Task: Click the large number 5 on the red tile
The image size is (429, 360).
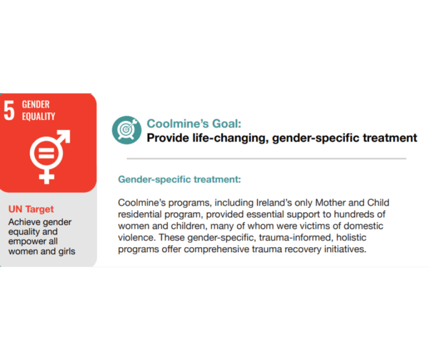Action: pos(9,110)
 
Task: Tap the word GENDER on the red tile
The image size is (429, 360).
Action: pos(36,105)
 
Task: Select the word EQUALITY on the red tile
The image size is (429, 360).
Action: pos(39,116)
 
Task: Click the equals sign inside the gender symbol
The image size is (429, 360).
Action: pos(46,153)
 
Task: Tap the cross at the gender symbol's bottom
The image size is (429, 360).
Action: pos(46,176)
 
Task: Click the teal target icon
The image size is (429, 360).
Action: pos(127,130)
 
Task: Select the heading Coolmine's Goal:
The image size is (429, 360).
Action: pos(194,124)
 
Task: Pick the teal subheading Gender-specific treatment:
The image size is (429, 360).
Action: pos(179,179)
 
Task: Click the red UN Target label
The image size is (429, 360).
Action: pos(31,209)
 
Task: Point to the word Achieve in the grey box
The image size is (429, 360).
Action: pos(25,222)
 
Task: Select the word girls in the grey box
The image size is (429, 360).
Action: pos(66,252)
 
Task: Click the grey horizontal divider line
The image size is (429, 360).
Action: pos(266,159)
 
